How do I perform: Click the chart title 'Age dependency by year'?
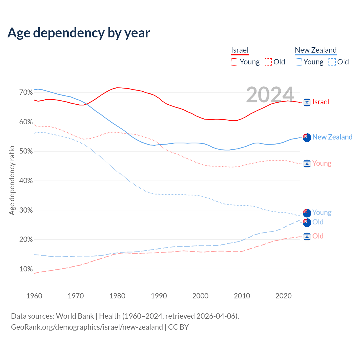pyautogui.click(x=79, y=33)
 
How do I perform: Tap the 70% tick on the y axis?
pyautogui.click(x=26, y=93)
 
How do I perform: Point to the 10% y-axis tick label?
pyautogui.click(x=26, y=269)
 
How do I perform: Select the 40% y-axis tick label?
pyautogui.click(x=26, y=181)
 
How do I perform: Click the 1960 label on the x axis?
pyautogui.click(x=34, y=296)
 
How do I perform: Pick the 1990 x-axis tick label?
pyautogui.click(x=159, y=296)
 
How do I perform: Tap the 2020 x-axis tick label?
pyautogui.click(x=283, y=296)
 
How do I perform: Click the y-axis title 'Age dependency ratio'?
pyautogui.click(x=12, y=180)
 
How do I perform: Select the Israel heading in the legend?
pyautogui.click(x=240, y=50)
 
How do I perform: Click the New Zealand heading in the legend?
pyautogui.click(x=316, y=50)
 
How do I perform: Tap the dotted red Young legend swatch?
pyautogui.click(x=235, y=62)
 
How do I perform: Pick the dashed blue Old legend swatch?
pyautogui.click(x=332, y=62)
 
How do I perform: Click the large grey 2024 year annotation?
pyautogui.click(x=270, y=94)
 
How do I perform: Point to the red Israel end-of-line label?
pyautogui.click(x=321, y=102)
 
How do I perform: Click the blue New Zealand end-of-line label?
pyautogui.click(x=332, y=137)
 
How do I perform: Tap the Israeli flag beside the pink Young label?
pyautogui.click(x=307, y=164)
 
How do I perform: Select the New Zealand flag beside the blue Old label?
pyautogui.click(x=307, y=222)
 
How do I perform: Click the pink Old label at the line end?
pyautogui.click(x=318, y=236)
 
